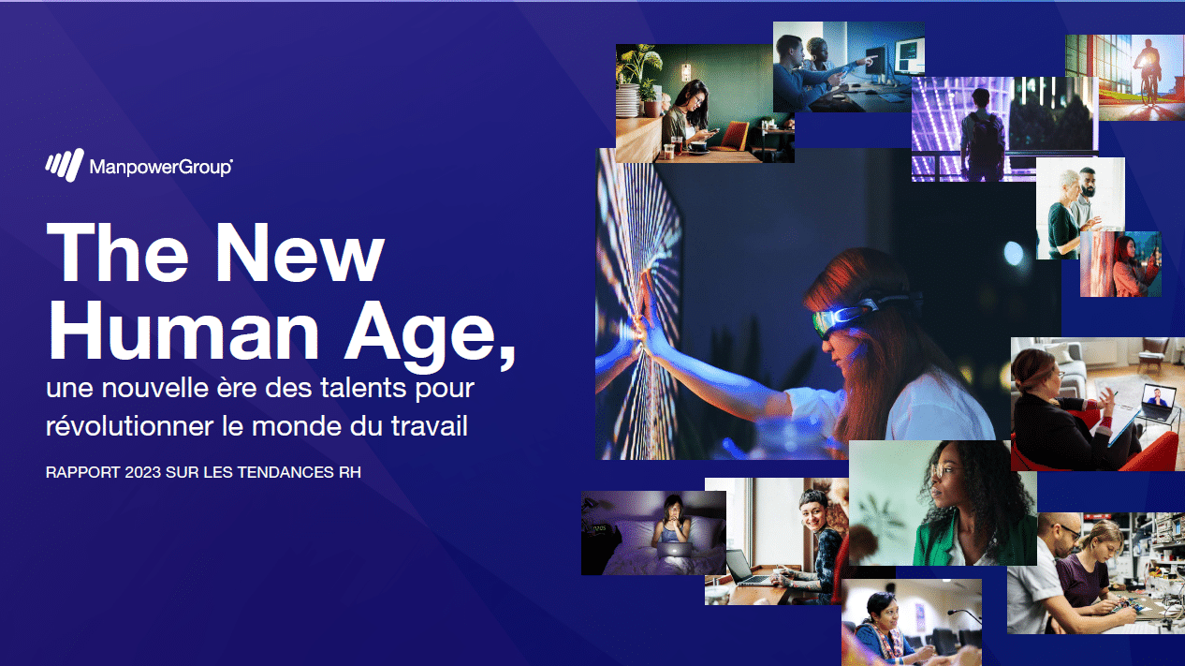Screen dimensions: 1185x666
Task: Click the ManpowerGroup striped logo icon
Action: coord(65,165)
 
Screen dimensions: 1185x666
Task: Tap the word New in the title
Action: coord(300,252)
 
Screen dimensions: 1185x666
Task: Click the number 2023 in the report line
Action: coord(143,472)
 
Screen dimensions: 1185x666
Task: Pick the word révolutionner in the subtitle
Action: coord(129,425)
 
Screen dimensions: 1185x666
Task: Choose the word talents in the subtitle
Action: coord(364,388)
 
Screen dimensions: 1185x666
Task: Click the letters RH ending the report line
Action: coord(350,472)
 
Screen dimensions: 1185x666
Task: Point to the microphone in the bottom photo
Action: coord(963,615)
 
